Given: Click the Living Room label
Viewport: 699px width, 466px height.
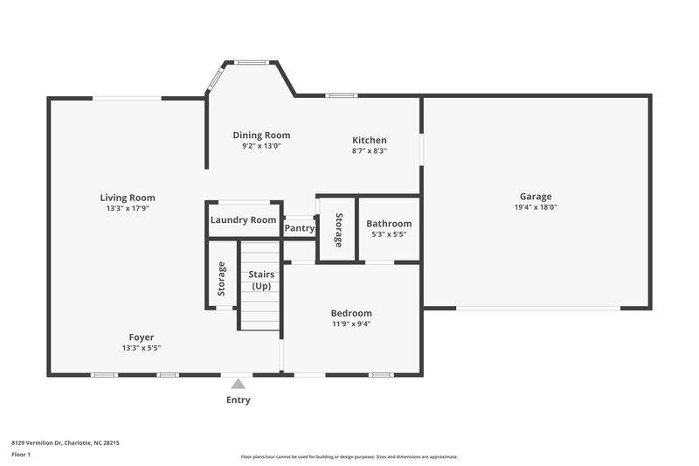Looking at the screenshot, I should [127, 198].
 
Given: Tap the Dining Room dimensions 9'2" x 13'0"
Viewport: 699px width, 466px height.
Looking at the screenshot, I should [261, 146].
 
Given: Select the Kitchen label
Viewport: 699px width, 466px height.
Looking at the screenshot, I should [369, 140].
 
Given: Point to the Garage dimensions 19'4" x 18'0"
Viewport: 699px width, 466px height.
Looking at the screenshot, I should [536, 207].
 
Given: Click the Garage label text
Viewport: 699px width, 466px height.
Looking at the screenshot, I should [536, 197].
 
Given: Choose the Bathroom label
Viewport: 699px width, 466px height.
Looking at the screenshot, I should [389, 223].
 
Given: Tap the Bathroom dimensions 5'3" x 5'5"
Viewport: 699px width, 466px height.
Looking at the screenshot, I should [389, 234].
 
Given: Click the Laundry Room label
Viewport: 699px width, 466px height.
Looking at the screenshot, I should [243, 220].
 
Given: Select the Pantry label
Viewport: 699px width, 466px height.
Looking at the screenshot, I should [300, 228].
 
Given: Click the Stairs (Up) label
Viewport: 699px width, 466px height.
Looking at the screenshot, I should [261, 281].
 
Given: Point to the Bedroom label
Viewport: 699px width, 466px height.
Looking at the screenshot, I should [351, 313].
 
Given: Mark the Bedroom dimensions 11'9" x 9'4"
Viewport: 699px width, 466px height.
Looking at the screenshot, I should [351, 323].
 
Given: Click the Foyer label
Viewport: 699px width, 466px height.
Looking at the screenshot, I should [142, 337].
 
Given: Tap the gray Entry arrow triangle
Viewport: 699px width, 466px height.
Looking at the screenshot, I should [238, 383].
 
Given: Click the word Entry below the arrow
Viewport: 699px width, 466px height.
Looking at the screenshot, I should [238, 400].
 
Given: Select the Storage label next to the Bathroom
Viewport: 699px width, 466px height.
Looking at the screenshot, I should [338, 228].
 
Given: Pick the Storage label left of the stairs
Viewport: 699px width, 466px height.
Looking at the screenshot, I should [222, 279].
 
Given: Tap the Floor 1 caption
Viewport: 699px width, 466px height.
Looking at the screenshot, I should [21, 456].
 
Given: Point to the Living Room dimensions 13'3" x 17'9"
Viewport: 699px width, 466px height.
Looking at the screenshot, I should [127, 209].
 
